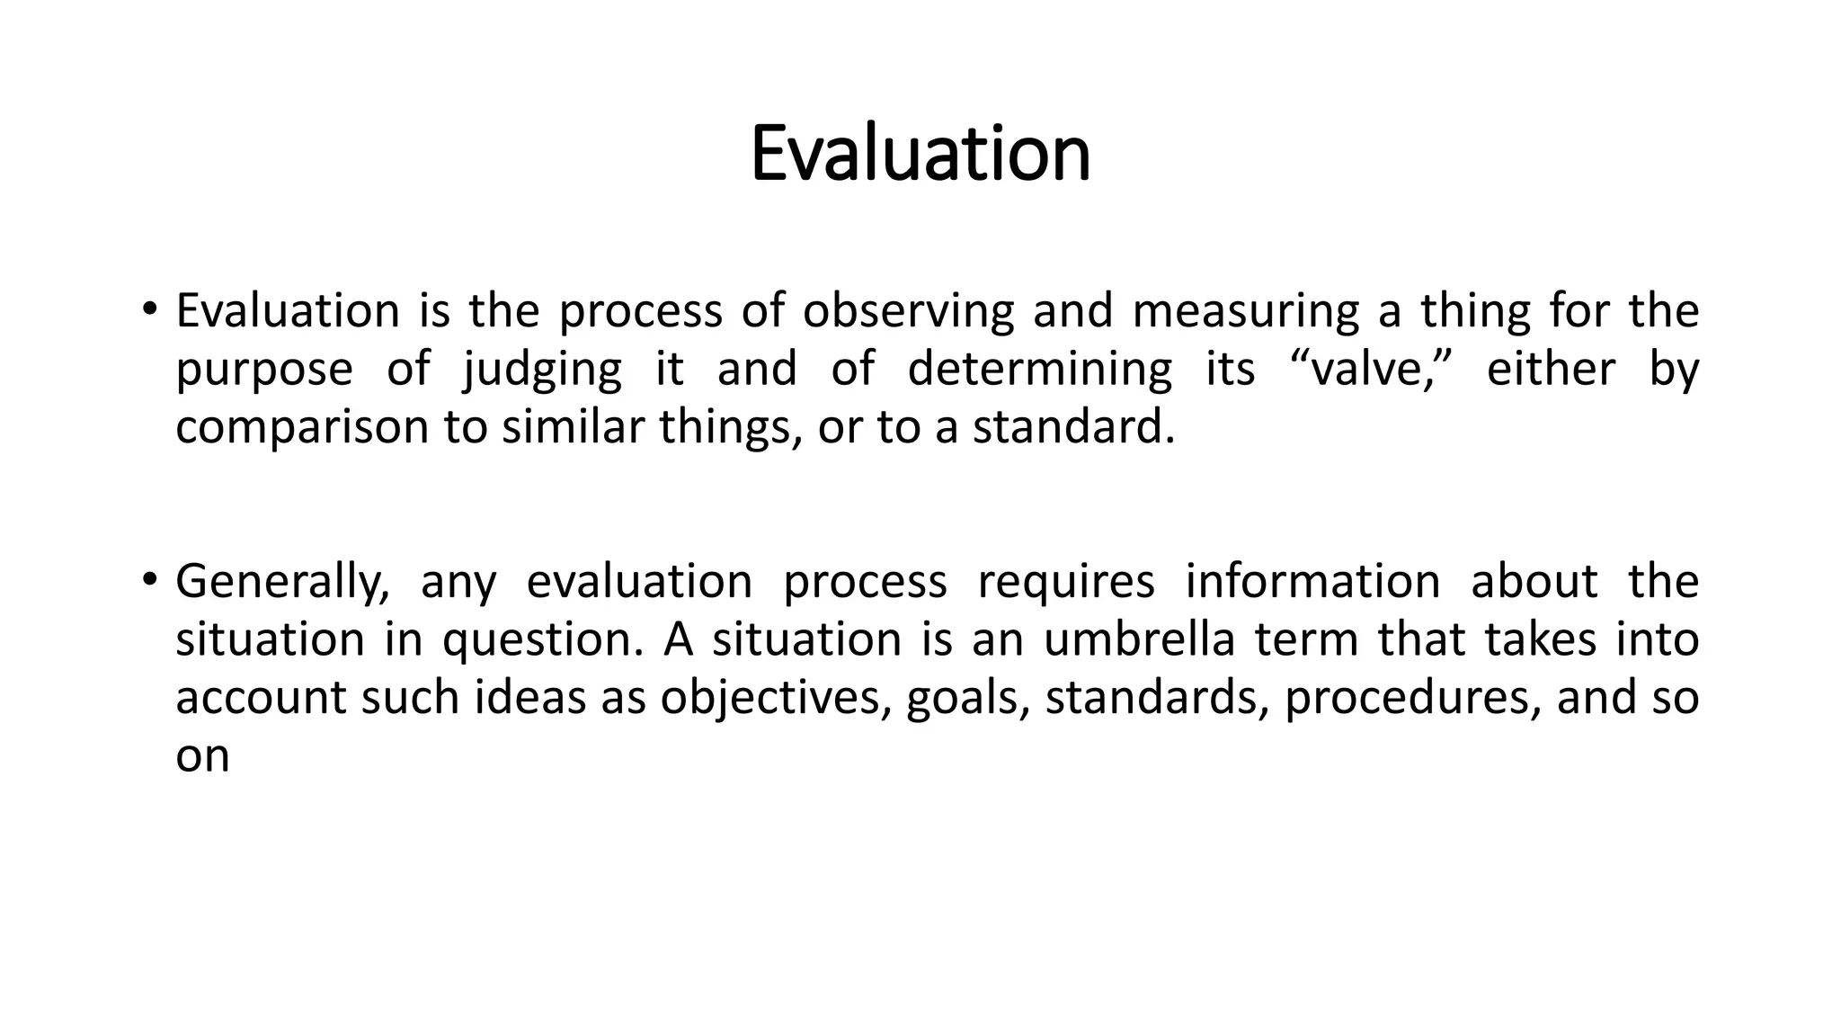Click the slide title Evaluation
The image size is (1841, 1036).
point(920,154)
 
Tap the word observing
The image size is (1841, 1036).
point(908,311)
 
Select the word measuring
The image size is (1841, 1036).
point(1245,311)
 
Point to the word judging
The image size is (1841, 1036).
point(542,370)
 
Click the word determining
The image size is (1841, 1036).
point(1039,370)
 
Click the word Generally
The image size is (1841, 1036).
point(282,582)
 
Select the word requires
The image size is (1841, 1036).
point(1065,582)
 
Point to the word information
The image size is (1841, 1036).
point(1312,581)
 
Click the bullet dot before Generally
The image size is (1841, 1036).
point(149,577)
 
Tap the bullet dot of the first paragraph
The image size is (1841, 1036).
point(149,308)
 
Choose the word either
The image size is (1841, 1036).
point(1551,370)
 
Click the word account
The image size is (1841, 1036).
point(261,698)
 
